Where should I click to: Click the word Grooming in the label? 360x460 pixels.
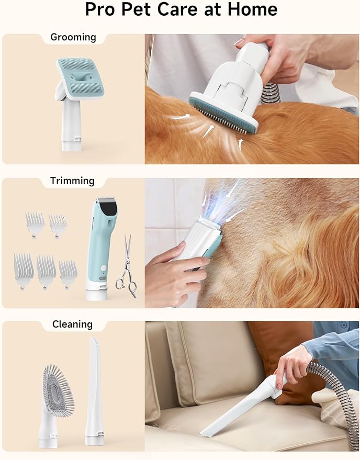[73, 37]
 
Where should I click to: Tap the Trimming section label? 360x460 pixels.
[72, 181]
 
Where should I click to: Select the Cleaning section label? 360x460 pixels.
[72, 324]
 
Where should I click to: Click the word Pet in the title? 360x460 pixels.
[136, 9]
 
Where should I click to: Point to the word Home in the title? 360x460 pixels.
[252, 9]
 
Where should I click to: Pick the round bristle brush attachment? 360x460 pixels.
[58, 391]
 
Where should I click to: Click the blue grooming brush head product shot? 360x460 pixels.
[81, 77]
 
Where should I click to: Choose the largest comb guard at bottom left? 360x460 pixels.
[24, 270]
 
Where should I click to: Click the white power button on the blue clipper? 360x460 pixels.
[103, 268]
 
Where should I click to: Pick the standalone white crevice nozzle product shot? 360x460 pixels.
[94, 391]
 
